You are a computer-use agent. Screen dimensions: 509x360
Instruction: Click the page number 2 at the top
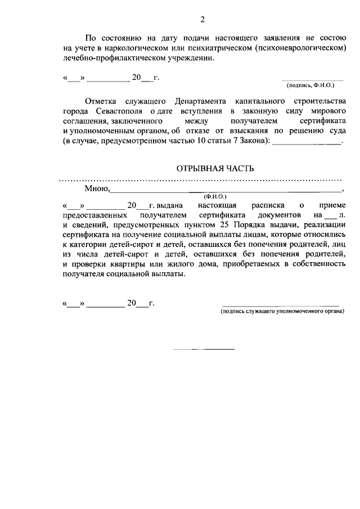[202, 21]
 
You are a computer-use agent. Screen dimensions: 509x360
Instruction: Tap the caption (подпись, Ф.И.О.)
[310, 85]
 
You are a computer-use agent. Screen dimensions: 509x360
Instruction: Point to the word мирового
[327, 111]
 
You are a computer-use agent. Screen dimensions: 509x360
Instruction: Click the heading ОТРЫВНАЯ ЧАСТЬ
[216, 169]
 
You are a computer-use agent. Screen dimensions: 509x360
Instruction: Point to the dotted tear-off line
[201, 181]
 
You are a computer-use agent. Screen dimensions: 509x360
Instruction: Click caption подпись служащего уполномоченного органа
[281, 310]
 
